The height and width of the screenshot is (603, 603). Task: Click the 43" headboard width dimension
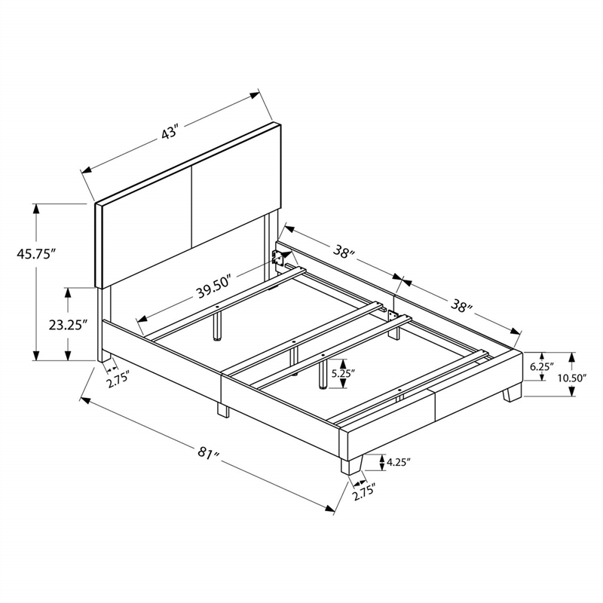[x=170, y=133]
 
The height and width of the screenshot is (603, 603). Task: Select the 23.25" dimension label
[x=66, y=325]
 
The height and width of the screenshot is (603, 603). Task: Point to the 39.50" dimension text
[x=214, y=287]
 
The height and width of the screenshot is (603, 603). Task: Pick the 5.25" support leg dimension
[x=342, y=373]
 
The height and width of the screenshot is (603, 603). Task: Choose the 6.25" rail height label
[x=542, y=367]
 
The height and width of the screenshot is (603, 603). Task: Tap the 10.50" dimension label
[x=572, y=378]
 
